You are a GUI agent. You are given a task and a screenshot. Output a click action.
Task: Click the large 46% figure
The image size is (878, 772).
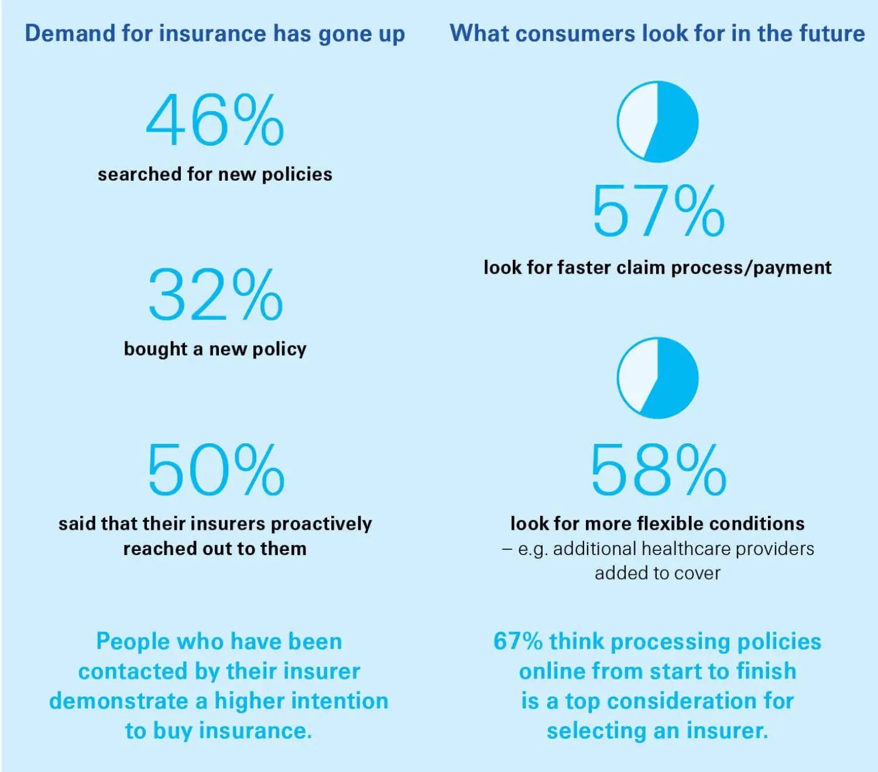coord(215,120)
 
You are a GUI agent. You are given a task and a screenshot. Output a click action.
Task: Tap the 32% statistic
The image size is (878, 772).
coord(215,295)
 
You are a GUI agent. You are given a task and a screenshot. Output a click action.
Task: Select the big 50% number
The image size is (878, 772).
coord(215,470)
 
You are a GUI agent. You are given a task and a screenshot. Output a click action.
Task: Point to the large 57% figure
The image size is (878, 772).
coord(658,212)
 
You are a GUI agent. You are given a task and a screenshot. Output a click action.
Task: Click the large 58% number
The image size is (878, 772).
coord(658,470)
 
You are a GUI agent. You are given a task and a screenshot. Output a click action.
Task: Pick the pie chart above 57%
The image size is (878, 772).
coord(657,122)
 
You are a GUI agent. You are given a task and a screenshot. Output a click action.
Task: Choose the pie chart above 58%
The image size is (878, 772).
coord(657,378)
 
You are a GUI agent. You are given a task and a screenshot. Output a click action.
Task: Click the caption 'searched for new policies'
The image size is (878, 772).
coord(215,174)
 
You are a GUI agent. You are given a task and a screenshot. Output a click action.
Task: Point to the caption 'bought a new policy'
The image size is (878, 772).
coord(215,349)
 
